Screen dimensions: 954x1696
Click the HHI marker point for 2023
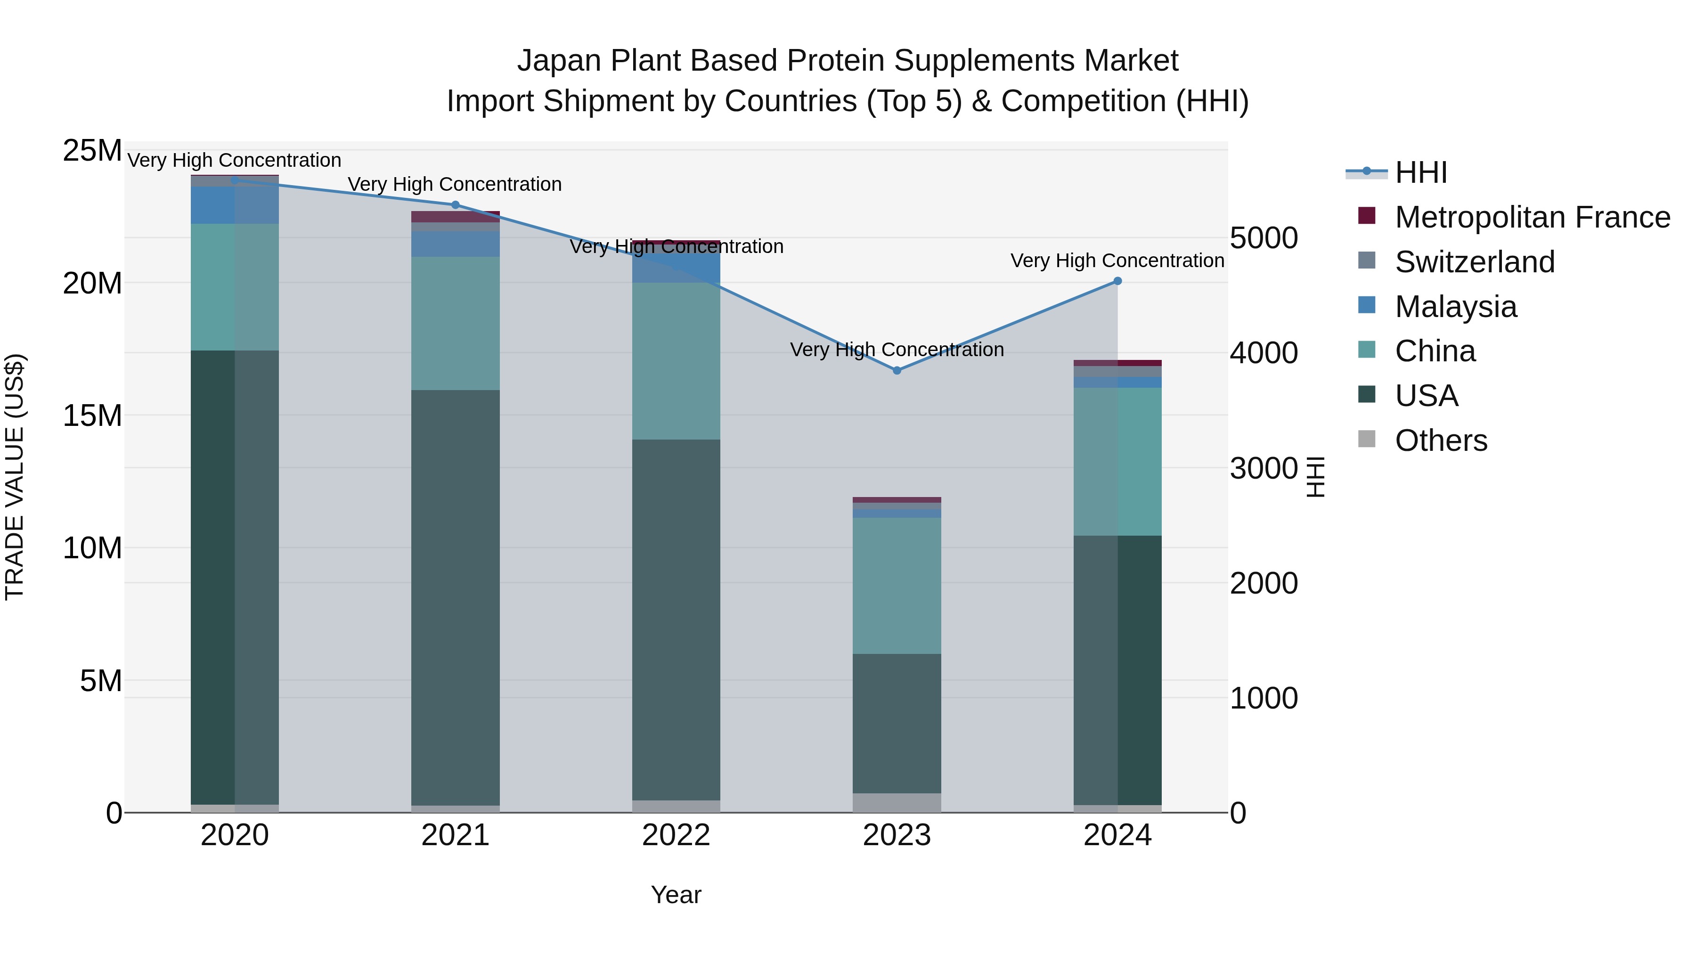(897, 371)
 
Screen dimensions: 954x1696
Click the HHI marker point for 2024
(1117, 281)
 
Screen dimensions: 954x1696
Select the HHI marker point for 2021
(455, 205)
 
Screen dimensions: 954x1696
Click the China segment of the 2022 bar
(676, 361)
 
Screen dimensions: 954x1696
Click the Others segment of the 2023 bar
(897, 803)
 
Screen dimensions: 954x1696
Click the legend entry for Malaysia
(1455, 307)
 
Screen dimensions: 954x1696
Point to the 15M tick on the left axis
(92, 416)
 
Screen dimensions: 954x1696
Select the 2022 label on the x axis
(676, 835)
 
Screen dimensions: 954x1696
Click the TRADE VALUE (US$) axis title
(15, 477)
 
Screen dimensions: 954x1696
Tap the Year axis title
(676, 895)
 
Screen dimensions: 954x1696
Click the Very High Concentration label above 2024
(1117, 261)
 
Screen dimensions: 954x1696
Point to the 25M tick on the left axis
(92, 151)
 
